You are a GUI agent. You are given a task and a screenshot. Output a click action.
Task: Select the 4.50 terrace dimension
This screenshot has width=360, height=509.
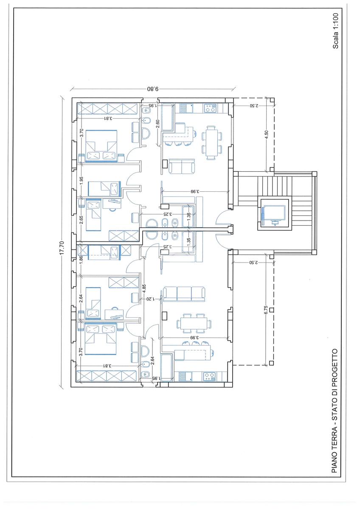click(267, 135)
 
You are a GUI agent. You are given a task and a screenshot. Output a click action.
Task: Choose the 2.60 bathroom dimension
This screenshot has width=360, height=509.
click(158, 124)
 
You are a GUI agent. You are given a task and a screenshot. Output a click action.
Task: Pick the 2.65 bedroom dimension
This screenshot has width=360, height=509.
click(81, 220)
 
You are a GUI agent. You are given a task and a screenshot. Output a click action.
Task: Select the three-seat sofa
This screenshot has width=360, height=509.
click(184, 294)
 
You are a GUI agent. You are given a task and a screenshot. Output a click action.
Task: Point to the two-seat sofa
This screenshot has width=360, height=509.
click(182, 166)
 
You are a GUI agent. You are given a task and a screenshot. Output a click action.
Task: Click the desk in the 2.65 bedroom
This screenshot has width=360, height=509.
click(112, 203)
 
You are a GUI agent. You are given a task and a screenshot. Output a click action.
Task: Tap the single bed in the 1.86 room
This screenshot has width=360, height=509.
click(104, 252)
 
